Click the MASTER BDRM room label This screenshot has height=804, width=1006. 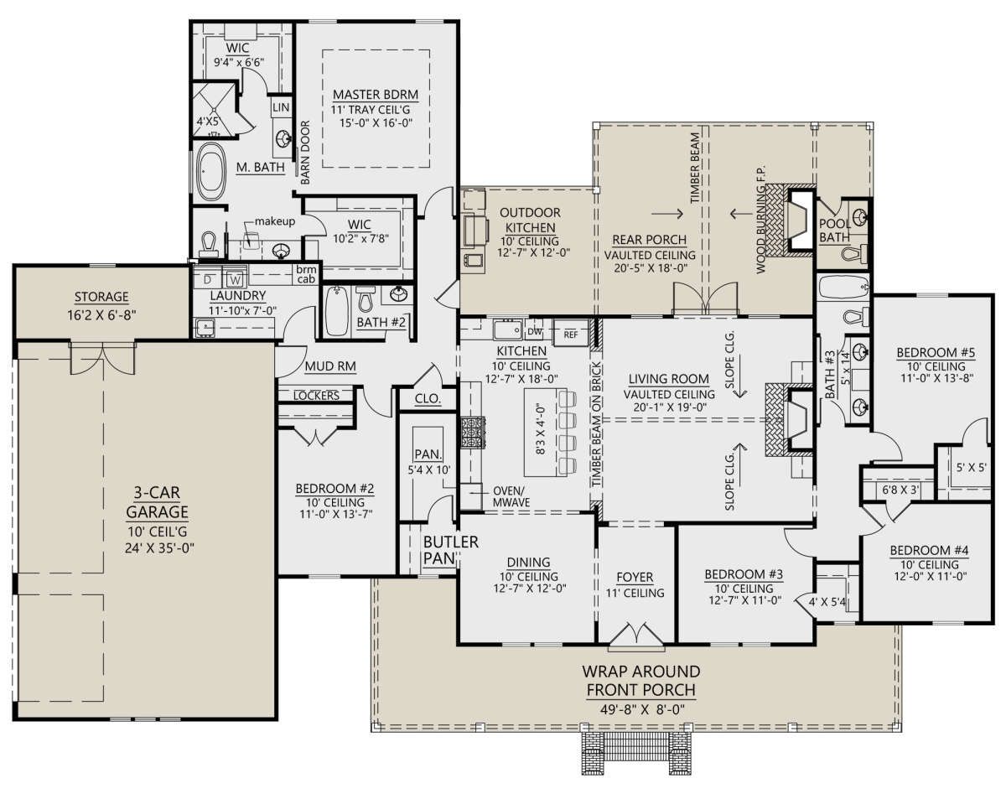pos(375,95)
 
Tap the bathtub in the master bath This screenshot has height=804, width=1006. pos(210,172)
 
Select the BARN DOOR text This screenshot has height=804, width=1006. pos(305,153)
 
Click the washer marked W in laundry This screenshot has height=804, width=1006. pos(236,279)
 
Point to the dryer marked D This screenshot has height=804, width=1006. pos(208,279)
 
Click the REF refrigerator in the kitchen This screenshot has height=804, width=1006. pos(570,334)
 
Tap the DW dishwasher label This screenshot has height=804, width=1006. pos(534,332)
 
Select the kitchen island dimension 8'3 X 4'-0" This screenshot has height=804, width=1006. pos(541,429)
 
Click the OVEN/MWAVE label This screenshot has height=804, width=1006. pos(511,496)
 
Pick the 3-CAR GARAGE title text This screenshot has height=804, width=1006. pos(157,502)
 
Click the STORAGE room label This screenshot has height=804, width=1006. pos(101,297)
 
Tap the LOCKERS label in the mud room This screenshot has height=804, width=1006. pos(316,396)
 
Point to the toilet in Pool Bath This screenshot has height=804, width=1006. pos(853,254)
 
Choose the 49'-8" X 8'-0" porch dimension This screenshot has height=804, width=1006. pos(642,709)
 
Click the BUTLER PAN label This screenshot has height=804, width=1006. pos(451,550)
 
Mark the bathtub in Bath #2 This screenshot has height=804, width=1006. pos(336,311)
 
